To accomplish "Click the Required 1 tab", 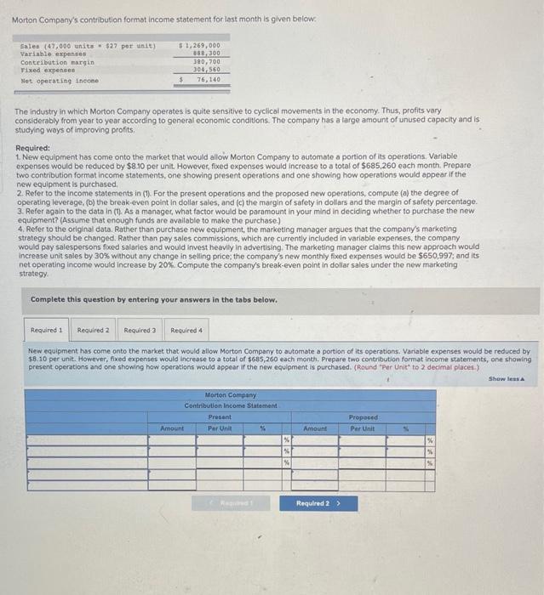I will [47, 330].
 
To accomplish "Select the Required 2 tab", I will [94, 330].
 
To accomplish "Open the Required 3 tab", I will [140, 330].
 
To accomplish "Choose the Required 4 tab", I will [186, 330].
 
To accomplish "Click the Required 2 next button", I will [317, 503].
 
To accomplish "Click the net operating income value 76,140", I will [208, 79].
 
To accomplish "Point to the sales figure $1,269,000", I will [201, 45].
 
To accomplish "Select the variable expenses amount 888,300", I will [206, 54].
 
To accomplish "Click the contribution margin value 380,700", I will [206, 62].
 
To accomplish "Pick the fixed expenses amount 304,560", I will [206, 71].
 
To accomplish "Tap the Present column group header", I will [220, 416].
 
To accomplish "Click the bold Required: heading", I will [33, 147].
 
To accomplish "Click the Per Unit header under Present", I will [220, 428].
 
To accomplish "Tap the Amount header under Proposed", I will [314, 428].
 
